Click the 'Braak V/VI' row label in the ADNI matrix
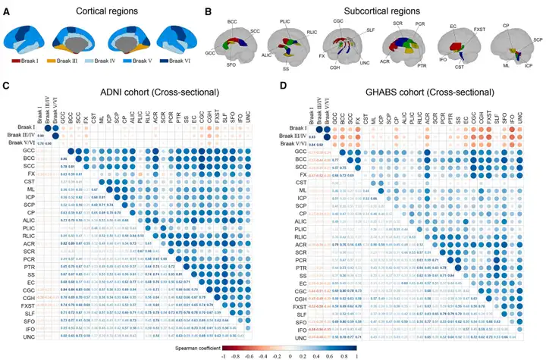(22, 142)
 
